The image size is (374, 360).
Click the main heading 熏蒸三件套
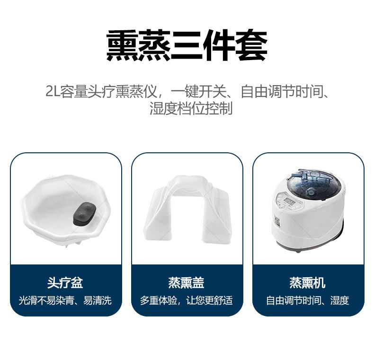(187, 45)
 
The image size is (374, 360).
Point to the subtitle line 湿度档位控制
(191, 108)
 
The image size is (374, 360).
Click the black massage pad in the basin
(84, 214)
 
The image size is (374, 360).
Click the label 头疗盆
(65, 283)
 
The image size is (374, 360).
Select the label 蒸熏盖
(187, 283)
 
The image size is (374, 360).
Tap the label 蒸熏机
(308, 283)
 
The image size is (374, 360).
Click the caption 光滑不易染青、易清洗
(65, 300)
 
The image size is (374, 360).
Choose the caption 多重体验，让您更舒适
(187, 300)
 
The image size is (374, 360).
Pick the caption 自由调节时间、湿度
(308, 300)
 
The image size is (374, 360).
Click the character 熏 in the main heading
(122, 45)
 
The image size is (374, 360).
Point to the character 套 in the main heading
(251, 45)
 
